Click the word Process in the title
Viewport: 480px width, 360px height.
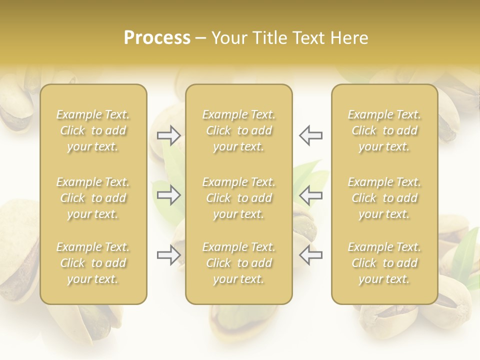[x=157, y=37]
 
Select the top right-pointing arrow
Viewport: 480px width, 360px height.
[x=168, y=135]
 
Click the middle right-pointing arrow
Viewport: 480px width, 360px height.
[x=168, y=195]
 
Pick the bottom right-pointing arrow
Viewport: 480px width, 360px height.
[x=168, y=255]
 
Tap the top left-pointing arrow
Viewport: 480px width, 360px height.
[x=310, y=135]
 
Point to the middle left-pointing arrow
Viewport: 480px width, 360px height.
[x=310, y=195]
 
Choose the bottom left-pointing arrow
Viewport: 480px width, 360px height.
[x=310, y=255]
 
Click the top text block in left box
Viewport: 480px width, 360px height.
[x=93, y=130]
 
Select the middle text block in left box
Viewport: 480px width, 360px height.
[x=93, y=198]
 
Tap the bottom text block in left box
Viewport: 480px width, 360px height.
[x=93, y=263]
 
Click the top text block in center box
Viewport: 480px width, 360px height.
[x=238, y=130]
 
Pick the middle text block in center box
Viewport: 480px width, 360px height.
[x=238, y=198]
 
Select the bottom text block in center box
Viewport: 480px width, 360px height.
[x=238, y=263]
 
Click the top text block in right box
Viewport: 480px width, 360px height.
[x=384, y=130]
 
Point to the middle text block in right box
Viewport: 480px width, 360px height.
[x=384, y=198]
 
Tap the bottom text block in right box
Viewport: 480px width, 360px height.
[x=384, y=263]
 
